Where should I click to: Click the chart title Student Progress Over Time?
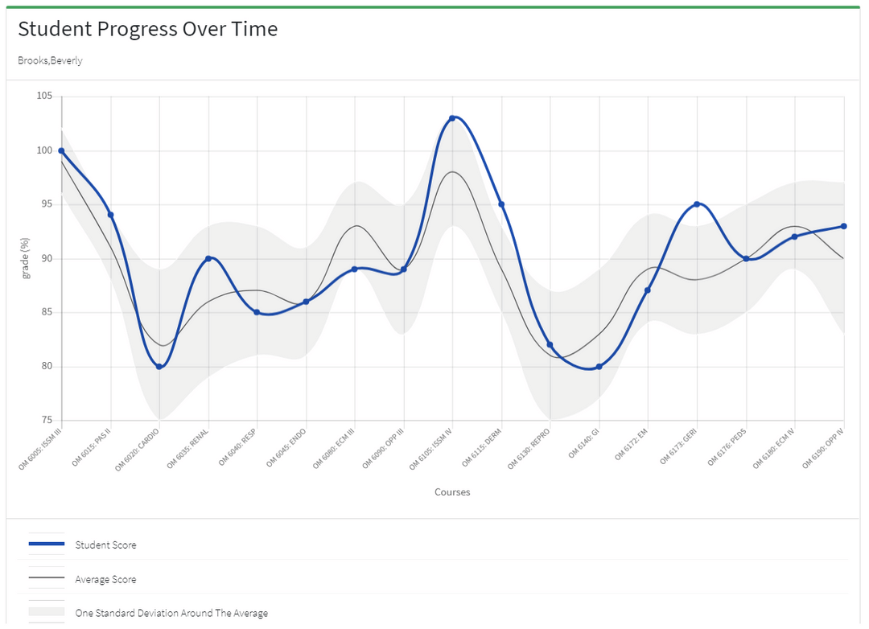click(x=147, y=30)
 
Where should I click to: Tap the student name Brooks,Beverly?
click(x=50, y=61)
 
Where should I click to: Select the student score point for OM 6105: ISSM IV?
click(x=452, y=118)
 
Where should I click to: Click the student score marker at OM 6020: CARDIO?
click(x=159, y=367)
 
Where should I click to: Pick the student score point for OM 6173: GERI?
click(x=697, y=204)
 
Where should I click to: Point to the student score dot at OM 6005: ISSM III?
click(x=61, y=151)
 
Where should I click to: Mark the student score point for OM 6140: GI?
click(x=599, y=367)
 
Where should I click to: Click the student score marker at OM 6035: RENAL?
click(x=208, y=258)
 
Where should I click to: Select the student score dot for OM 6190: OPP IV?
click(x=843, y=226)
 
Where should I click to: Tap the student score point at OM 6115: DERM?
click(x=501, y=204)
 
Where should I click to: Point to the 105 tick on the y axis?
click(x=43, y=97)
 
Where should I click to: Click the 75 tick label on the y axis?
click(x=46, y=421)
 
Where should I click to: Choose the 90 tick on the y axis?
click(x=46, y=259)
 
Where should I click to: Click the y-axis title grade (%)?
click(x=26, y=258)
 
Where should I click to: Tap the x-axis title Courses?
click(x=452, y=492)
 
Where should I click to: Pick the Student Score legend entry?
click(x=105, y=545)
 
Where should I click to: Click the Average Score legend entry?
click(x=105, y=580)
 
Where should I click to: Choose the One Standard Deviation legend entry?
click(x=171, y=614)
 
